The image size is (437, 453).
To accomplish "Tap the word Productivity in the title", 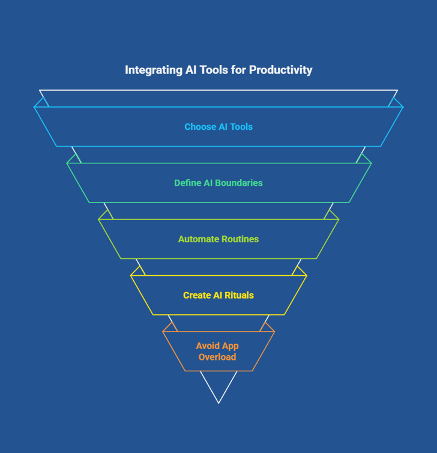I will [x=281, y=70].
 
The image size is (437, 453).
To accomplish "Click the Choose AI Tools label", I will [x=218, y=127].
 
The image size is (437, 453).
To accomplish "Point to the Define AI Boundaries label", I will [x=218, y=183].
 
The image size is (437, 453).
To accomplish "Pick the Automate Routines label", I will [x=218, y=239].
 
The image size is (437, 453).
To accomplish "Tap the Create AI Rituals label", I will [x=218, y=296].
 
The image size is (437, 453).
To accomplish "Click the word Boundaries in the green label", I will [x=240, y=183].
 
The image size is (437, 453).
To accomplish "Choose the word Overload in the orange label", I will [x=218, y=357].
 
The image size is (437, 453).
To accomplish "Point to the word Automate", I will [x=197, y=239].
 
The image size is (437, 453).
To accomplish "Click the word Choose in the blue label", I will [x=198, y=127].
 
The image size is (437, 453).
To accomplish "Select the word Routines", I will [x=239, y=239].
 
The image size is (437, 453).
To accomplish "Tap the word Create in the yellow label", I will [x=197, y=296].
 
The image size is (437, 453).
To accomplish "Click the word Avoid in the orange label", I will [x=208, y=346].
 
